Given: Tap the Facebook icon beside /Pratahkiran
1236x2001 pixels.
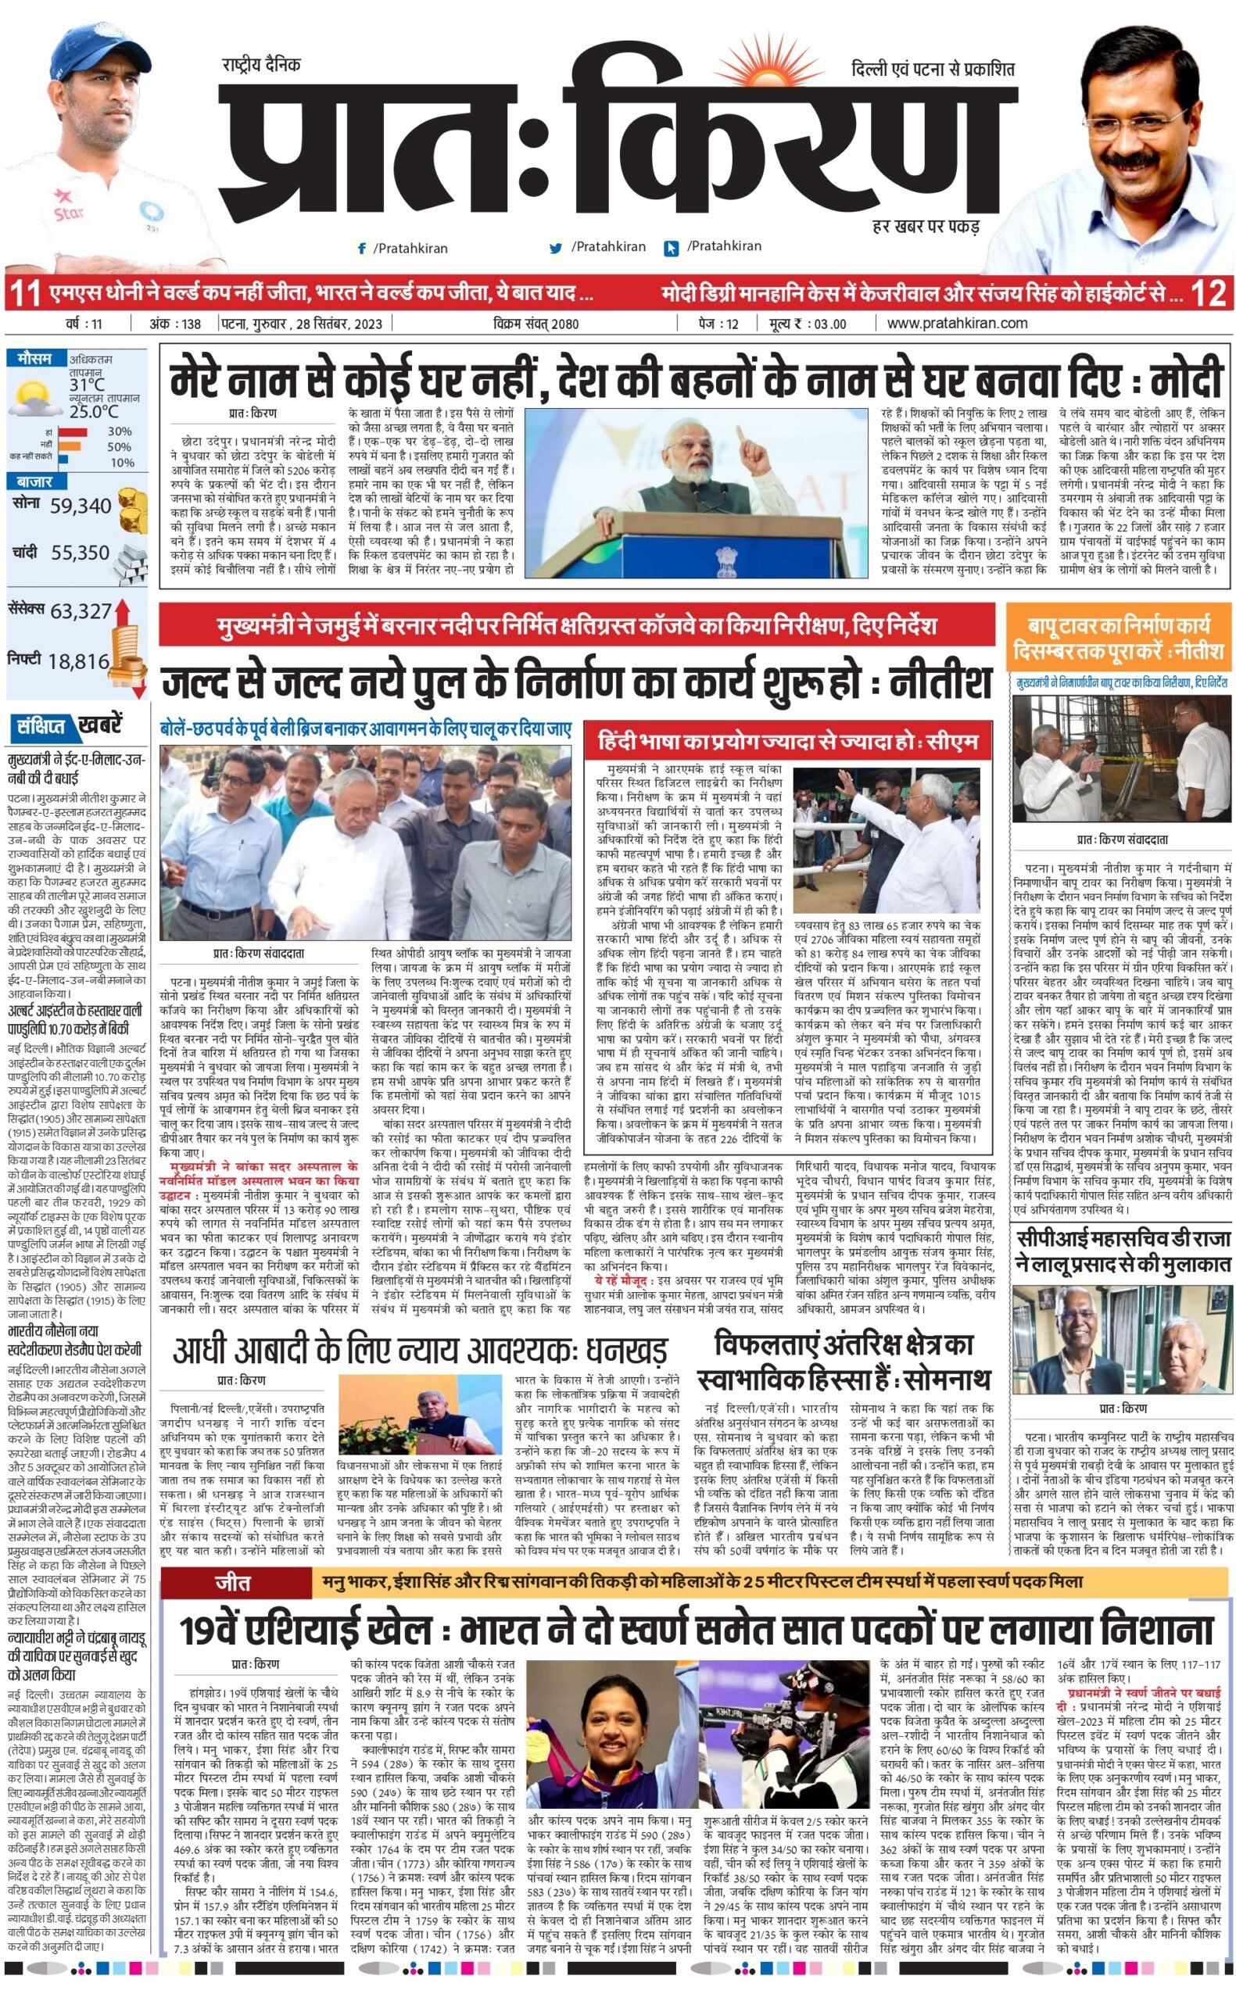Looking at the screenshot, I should click(361, 249).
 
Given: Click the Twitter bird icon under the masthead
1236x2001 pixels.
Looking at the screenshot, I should click(556, 248).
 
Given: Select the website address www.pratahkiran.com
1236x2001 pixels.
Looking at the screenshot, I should click(956, 323).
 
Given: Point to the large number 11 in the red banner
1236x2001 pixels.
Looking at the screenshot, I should click(24, 293).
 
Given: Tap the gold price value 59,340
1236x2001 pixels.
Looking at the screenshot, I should click(80, 506).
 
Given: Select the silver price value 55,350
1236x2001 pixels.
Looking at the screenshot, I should click(80, 553).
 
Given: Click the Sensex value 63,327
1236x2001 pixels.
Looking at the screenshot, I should click(80, 611).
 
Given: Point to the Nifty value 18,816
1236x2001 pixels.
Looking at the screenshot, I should click(78, 661).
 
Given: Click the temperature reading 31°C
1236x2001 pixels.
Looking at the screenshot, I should click(87, 385).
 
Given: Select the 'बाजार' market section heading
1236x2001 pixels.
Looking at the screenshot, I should click(34, 482).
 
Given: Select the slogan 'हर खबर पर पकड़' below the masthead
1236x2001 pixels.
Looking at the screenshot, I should click(926, 226).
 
